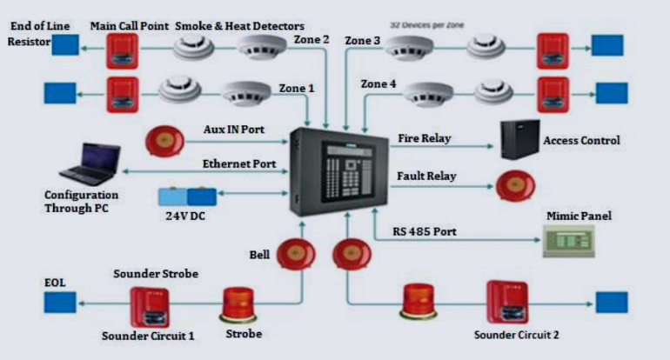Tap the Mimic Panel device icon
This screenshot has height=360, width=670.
569,240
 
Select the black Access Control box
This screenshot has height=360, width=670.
520,138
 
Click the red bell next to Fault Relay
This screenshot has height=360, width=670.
515,185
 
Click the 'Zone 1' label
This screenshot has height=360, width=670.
297,89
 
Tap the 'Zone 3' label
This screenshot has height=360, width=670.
363,40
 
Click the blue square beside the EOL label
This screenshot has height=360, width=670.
60,303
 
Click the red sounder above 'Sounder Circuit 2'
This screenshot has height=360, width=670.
507,301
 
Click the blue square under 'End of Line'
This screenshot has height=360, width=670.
64,45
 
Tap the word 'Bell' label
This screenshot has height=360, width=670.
258,256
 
